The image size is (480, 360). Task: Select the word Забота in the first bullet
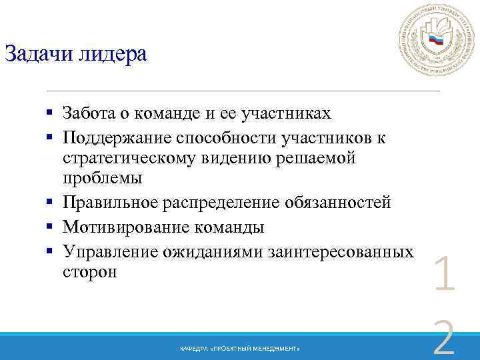tap(90, 114)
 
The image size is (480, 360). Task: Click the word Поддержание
tap(117, 137)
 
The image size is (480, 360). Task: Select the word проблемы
tap(103, 179)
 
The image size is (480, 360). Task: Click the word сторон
tap(89, 271)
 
